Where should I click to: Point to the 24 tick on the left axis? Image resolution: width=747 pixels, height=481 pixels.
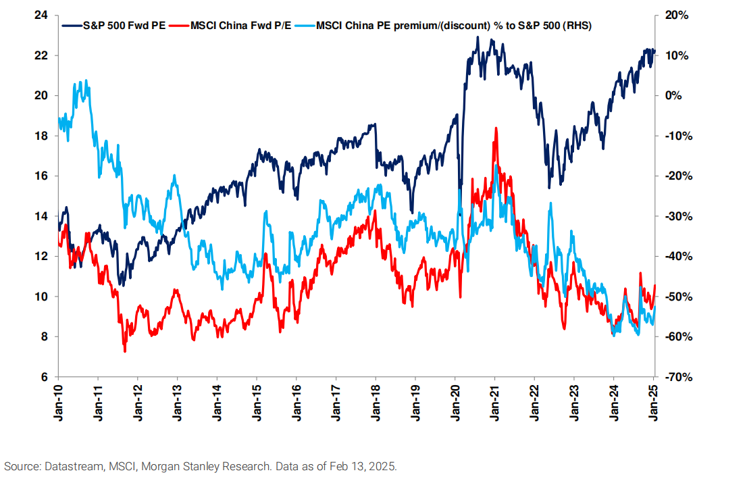pos(43,15)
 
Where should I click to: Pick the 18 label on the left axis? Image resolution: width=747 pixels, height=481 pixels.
pos(43,136)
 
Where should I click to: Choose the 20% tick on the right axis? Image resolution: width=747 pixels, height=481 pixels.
pos(676,15)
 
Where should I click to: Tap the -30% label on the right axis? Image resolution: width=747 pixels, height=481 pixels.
pos(675,216)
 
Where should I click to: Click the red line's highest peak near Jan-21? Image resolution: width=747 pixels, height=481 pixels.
pos(496,128)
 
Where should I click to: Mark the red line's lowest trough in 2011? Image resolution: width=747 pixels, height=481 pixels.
pos(124,351)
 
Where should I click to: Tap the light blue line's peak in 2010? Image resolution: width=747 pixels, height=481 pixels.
pos(81,81)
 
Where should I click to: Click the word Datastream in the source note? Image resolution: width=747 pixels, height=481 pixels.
pos(71,466)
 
